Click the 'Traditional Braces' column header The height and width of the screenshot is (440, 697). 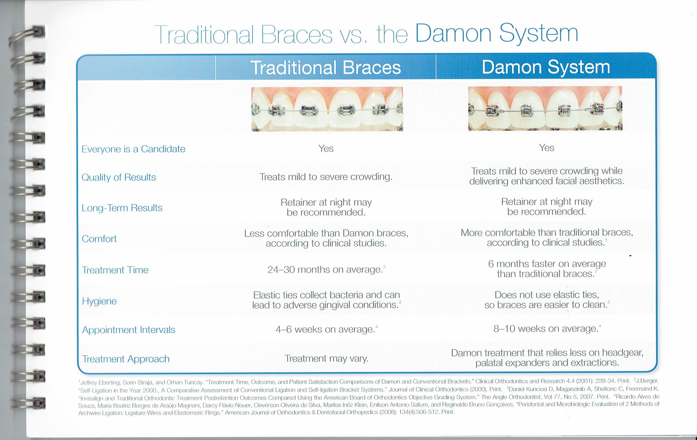pyautogui.click(x=325, y=67)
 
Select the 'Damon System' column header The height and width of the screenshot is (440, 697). pyautogui.click(x=546, y=67)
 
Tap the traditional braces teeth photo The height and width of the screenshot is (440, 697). pyautogui.click(x=327, y=109)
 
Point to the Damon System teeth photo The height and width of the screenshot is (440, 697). pyautogui.click(x=545, y=108)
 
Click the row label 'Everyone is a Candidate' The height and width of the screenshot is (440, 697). pyautogui.click(x=133, y=149)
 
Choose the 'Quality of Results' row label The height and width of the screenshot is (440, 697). pyautogui.click(x=119, y=177)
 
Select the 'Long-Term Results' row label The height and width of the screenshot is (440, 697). pyautogui.click(x=122, y=208)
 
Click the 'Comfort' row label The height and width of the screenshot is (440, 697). pyautogui.click(x=99, y=239)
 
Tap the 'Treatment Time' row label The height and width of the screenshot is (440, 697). pyautogui.click(x=115, y=270)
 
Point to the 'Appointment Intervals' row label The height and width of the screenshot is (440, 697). pyautogui.click(x=128, y=330)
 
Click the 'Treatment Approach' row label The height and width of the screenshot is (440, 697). pyautogui.click(x=125, y=359)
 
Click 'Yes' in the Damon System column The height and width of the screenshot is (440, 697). pyautogui.click(x=547, y=148)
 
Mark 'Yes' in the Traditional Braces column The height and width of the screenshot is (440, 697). pyautogui.click(x=326, y=149)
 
